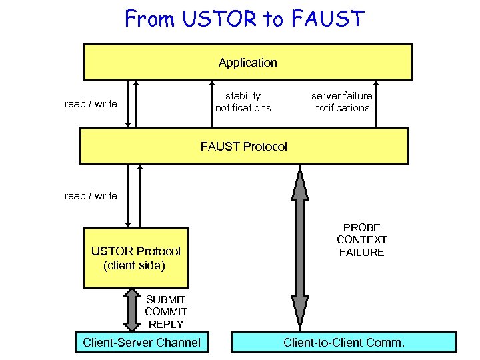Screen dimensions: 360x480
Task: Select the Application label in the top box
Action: click(247, 63)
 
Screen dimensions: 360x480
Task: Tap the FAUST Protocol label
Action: click(244, 147)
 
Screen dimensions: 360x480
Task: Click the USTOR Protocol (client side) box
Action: click(136, 258)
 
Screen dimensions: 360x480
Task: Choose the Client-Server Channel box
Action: click(141, 343)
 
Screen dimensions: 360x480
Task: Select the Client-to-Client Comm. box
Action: click(343, 343)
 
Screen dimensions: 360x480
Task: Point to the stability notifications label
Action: click(243, 102)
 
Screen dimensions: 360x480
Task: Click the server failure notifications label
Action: click(341, 102)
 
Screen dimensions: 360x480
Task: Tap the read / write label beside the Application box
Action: click(91, 104)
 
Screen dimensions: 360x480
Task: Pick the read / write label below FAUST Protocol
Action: click(91, 196)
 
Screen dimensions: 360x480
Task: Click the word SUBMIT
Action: click(165, 300)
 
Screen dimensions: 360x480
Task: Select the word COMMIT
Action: click(166, 312)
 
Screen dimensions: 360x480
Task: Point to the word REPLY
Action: click(165, 324)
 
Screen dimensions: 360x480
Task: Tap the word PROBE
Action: click(361, 228)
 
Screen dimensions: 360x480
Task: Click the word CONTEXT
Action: click(361, 240)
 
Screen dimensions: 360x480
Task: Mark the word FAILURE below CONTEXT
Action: click(361, 252)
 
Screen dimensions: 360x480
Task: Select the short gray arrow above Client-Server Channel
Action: click(133, 309)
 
